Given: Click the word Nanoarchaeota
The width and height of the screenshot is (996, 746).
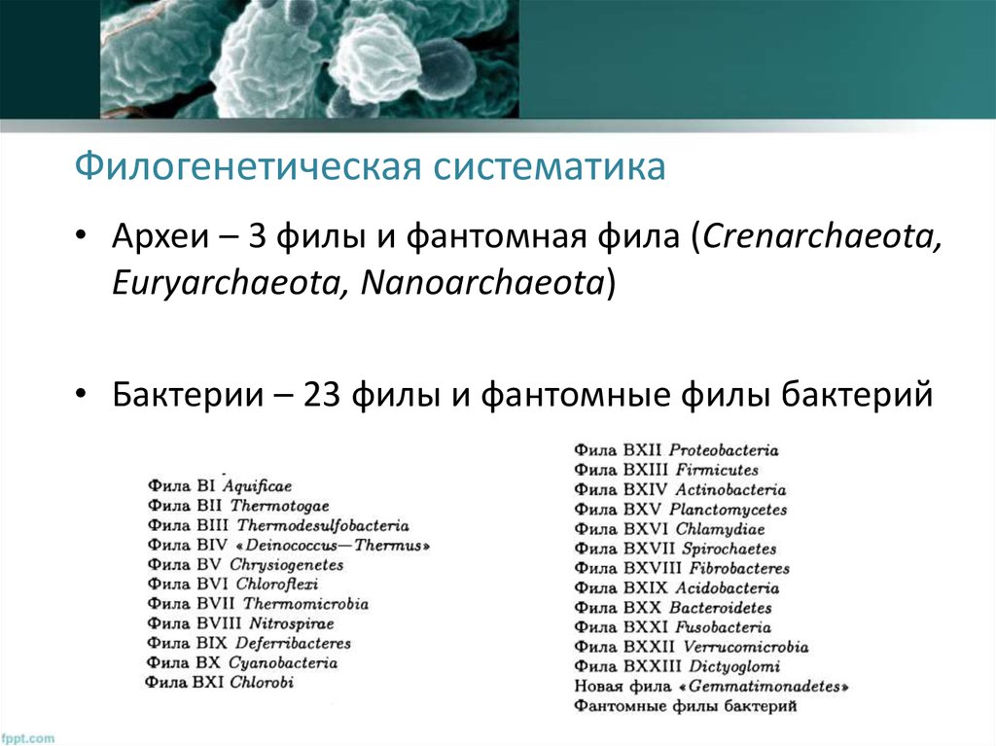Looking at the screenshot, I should click(482, 283).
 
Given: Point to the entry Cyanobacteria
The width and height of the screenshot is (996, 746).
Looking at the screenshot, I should click(283, 662).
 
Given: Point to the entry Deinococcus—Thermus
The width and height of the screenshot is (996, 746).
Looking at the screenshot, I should click(331, 545).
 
